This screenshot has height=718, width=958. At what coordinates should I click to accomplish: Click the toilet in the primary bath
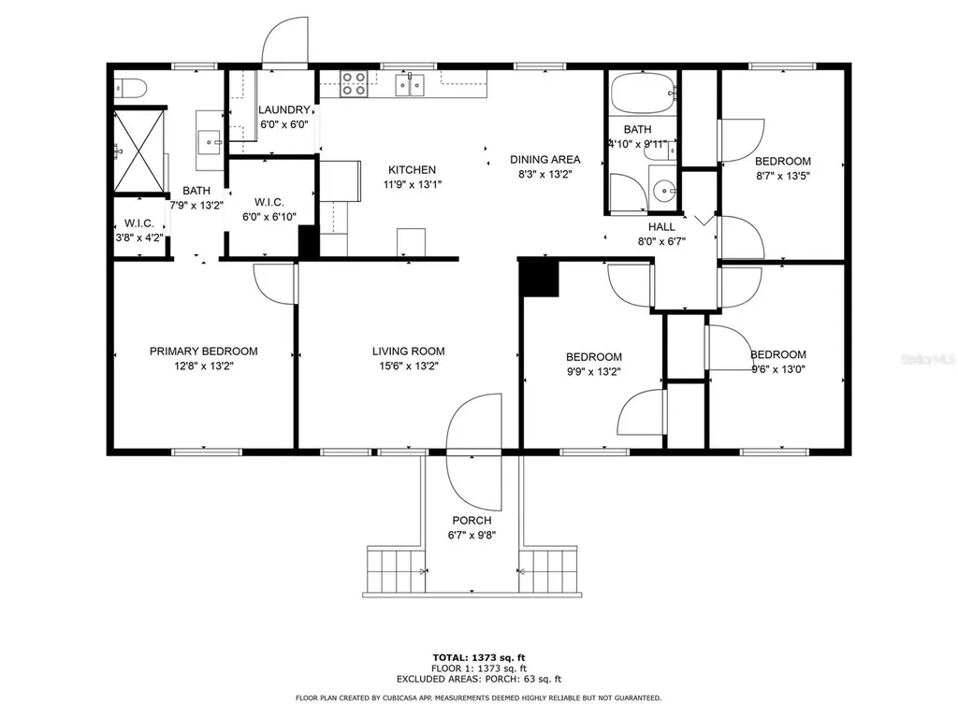(x=130, y=89)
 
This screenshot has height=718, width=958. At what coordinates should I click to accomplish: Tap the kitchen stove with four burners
(x=353, y=83)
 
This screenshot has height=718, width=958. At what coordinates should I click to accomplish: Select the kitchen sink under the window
(x=410, y=84)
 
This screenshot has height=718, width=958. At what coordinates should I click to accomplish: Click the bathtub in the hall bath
(x=643, y=93)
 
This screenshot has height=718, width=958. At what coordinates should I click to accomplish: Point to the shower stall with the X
(x=139, y=151)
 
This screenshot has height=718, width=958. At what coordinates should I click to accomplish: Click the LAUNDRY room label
(x=284, y=110)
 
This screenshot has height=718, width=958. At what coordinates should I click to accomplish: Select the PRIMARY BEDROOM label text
(x=203, y=352)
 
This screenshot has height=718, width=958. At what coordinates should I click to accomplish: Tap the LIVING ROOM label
(x=409, y=352)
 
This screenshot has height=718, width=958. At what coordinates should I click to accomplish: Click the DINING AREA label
(x=545, y=159)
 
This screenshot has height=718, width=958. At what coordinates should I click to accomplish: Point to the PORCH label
(x=472, y=520)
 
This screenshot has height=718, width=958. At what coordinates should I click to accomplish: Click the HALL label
(x=661, y=226)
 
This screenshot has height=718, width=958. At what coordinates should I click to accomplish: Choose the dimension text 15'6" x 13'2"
(x=409, y=366)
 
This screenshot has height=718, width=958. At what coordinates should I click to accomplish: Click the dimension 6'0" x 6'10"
(x=269, y=217)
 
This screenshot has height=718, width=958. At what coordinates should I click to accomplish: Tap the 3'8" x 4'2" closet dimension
(x=139, y=237)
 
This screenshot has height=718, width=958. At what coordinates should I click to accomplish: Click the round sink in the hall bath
(x=663, y=191)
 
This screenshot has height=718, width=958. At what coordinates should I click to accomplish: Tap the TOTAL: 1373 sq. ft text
(x=479, y=657)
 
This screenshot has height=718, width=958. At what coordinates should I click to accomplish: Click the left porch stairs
(x=396, y=569)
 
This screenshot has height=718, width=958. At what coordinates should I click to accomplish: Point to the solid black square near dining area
(x=539, y=278)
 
